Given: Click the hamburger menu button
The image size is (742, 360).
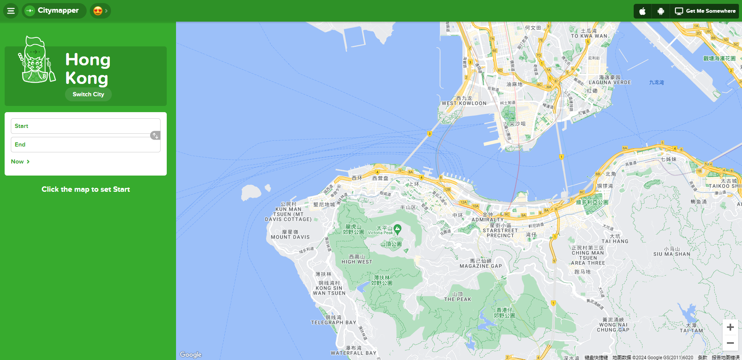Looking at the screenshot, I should click(x=11, y=11).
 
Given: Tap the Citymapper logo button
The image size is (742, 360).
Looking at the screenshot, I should click(x=54, y=11).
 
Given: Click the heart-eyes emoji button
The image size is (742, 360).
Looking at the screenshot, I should click(x=100, y=11).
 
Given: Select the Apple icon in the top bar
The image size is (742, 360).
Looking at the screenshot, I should click(x=642, y=11).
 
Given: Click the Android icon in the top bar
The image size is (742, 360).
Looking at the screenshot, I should click(x=661, y=11).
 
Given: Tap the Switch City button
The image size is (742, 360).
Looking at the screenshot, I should click(x=88, y=94).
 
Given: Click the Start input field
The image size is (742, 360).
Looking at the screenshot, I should click(x=81, y=126).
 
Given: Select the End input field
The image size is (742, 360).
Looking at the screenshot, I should click(x=85, y=145).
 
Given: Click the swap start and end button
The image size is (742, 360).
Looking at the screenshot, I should click(x=155, y=135).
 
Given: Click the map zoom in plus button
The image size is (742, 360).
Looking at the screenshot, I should click(x=730, y=327).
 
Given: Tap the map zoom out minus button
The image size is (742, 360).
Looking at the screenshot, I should click(x=730, y=343).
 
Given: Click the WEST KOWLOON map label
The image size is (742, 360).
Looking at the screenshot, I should click(x=464, y=103).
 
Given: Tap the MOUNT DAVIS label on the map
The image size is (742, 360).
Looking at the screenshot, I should click(x=290, y=237).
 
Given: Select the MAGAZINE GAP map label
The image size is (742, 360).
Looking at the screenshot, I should click(x=480, y=266).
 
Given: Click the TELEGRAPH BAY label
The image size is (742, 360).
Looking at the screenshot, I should click(x=333, y=322).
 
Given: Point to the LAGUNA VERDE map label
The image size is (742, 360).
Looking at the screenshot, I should click(x=610, y=82).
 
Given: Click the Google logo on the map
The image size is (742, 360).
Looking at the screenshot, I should click(x=191, y=355).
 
